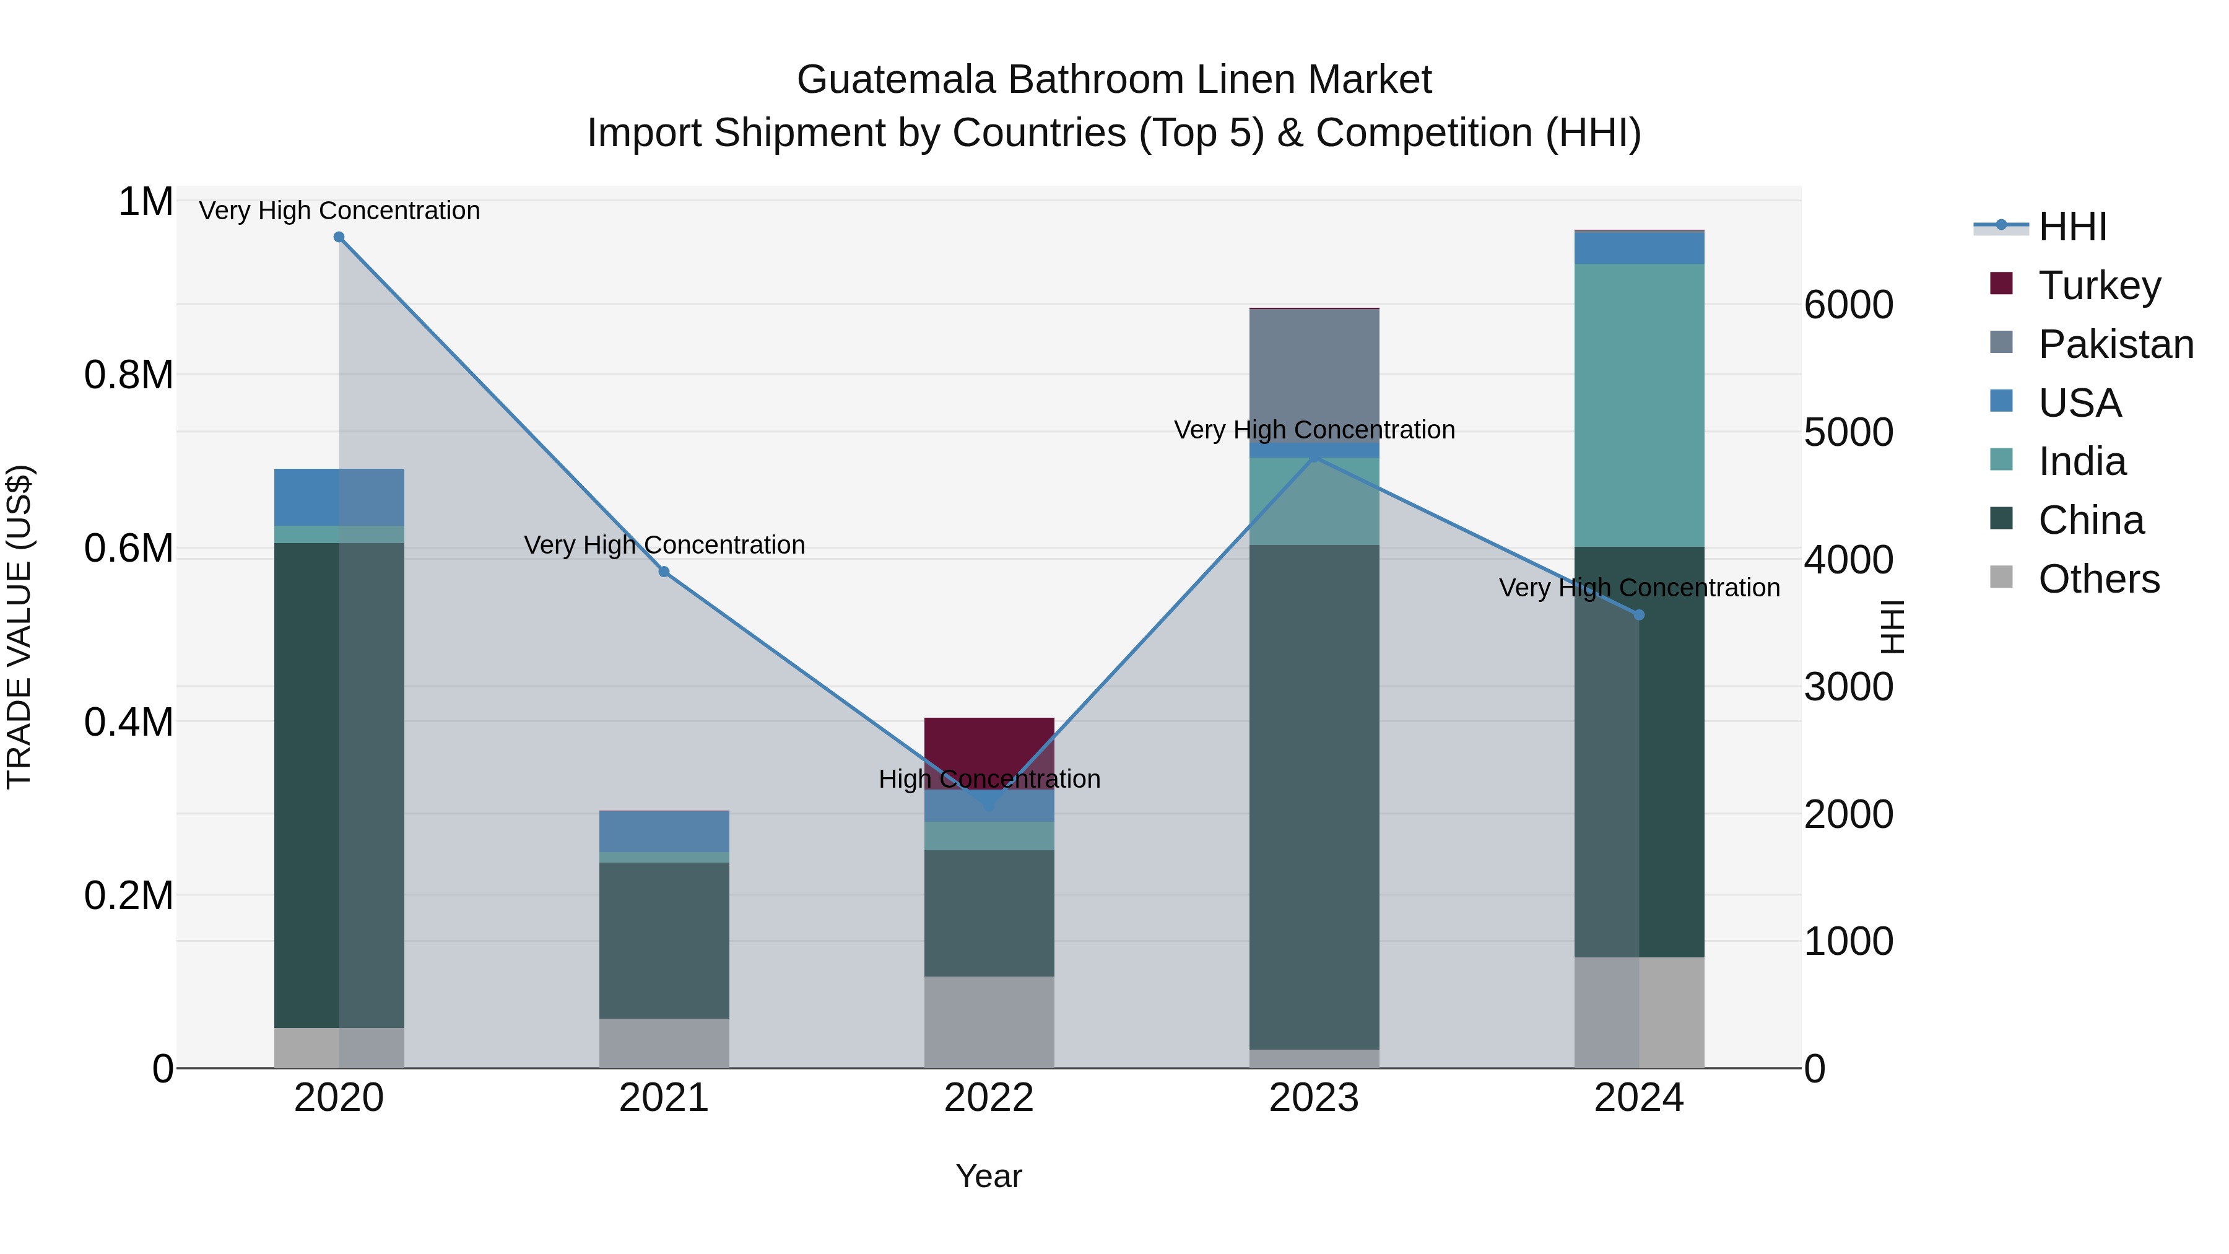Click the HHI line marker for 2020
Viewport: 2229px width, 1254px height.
339,237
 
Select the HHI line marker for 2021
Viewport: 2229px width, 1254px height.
664,572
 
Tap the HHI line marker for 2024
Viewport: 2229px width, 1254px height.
1639,616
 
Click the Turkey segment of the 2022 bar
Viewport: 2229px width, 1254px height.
989,744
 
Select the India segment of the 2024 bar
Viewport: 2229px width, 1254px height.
1639,405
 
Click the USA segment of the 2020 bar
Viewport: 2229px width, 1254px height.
339,497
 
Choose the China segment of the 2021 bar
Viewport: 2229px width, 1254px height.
664,940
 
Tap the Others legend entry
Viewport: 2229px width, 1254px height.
2098,579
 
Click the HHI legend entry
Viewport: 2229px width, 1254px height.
2072,227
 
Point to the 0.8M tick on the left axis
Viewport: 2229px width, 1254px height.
129,376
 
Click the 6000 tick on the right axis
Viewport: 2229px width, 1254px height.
1848,305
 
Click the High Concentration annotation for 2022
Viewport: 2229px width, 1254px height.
989,779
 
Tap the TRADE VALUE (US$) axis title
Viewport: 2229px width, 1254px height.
19,627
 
